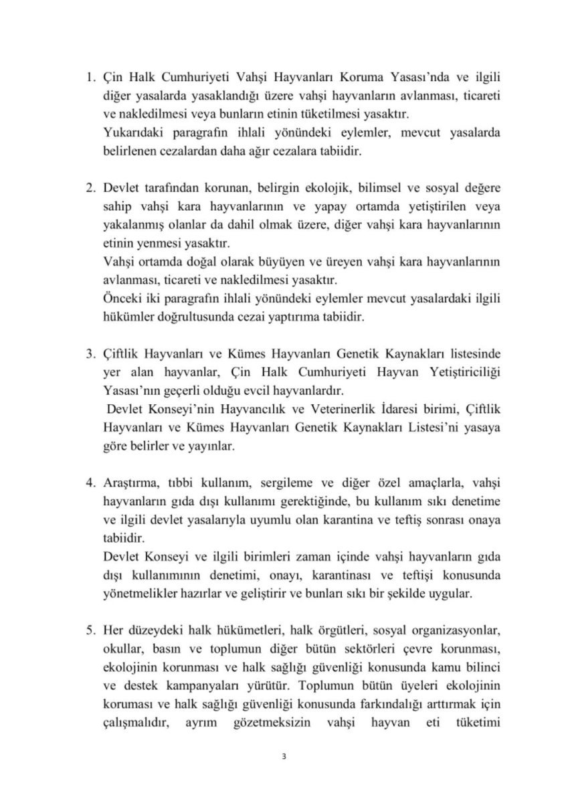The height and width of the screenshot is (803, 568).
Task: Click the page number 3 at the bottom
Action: coord(284,756)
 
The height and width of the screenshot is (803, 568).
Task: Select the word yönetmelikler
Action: coord(145,593)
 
